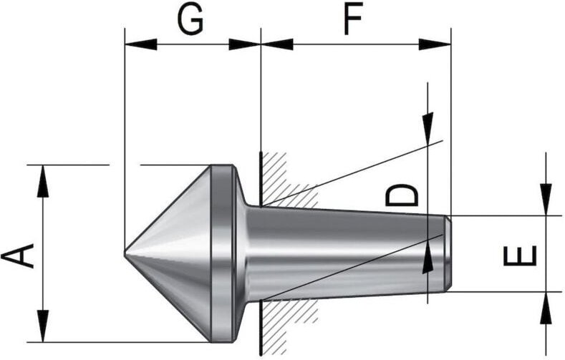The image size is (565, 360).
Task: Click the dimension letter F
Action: [353, 20]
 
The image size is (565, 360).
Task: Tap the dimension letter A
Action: [18, 256]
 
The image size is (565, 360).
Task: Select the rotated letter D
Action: [402, 195]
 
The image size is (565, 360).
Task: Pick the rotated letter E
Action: [520, 256]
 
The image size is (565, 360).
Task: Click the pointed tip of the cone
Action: [125, 253]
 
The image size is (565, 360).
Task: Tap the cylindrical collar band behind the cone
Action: [222, 253]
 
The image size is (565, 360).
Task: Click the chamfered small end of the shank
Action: [448, 253]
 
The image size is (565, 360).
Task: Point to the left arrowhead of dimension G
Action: [141, 44]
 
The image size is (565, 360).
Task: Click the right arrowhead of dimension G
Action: [245, 44]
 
